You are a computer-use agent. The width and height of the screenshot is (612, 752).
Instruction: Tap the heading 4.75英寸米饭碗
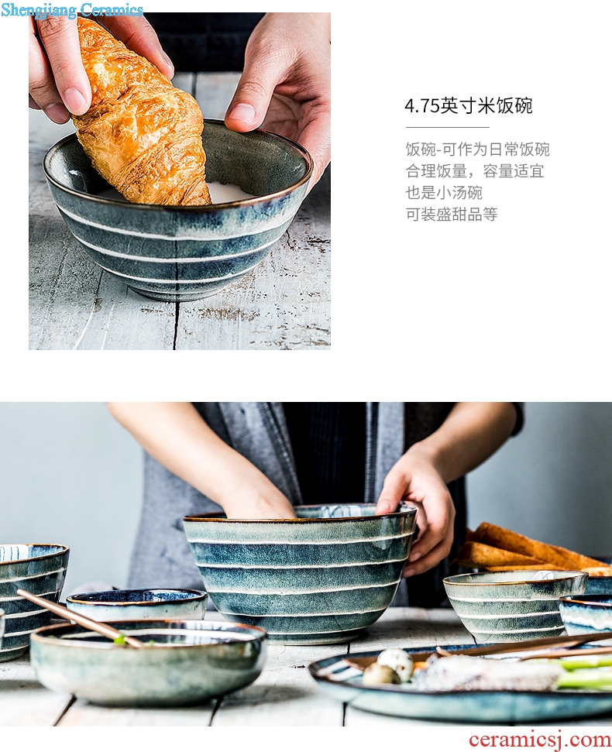point(469,106)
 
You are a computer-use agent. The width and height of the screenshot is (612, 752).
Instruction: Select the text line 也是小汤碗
point(444,193)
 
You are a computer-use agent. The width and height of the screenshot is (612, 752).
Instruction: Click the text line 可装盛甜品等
point(452,215)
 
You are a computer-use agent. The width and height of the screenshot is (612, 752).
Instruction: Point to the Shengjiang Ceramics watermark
point(72,9)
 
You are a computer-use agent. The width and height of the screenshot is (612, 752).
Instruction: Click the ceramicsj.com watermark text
point(540,739)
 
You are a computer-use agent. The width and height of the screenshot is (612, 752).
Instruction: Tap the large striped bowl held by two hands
point(299,571)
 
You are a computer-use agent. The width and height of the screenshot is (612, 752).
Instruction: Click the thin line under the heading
point(448,128)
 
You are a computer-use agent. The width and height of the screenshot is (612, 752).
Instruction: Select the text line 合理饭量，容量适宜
point(475,171)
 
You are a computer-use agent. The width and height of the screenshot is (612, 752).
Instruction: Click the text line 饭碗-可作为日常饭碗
point(478,149)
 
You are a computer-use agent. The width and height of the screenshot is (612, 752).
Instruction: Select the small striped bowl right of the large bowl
point(514,604)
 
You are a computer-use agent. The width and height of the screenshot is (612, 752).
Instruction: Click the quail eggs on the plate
point(388,668)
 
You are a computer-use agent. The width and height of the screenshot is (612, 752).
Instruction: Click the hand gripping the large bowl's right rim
point(416,508)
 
